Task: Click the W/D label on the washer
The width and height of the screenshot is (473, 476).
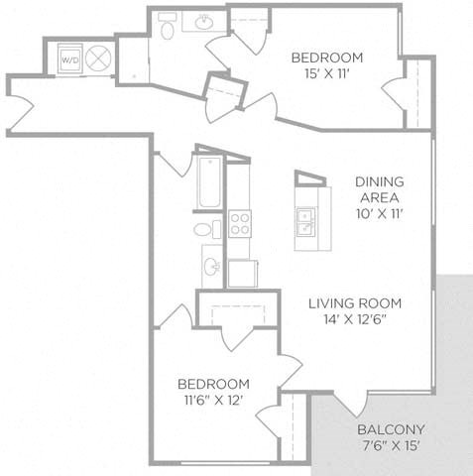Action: point(70,60)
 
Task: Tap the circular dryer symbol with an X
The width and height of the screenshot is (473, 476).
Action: point(98,59)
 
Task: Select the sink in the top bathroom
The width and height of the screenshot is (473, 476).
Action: point(204,23)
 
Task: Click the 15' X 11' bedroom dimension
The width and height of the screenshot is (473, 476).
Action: point(327,73)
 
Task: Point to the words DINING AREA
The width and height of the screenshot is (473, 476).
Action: point(380,189)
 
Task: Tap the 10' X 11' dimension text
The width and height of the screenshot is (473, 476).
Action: point(380,214)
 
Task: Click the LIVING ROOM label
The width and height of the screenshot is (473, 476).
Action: point(355,303)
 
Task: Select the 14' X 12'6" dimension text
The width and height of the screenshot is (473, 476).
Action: point(355,319)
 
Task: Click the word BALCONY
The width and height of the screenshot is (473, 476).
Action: point(391,429)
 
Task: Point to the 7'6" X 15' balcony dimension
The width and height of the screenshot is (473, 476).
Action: point(391,446)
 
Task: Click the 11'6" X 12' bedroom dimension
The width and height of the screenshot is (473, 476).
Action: point(214,401)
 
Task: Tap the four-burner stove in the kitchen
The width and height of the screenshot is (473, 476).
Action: point(240,223)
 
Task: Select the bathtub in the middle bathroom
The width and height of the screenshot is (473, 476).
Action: point(209,182)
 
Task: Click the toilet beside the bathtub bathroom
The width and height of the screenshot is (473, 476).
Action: point(207,229)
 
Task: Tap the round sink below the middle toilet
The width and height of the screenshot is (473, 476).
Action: point(211,266)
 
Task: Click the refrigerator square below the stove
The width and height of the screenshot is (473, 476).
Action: point(243,274)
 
